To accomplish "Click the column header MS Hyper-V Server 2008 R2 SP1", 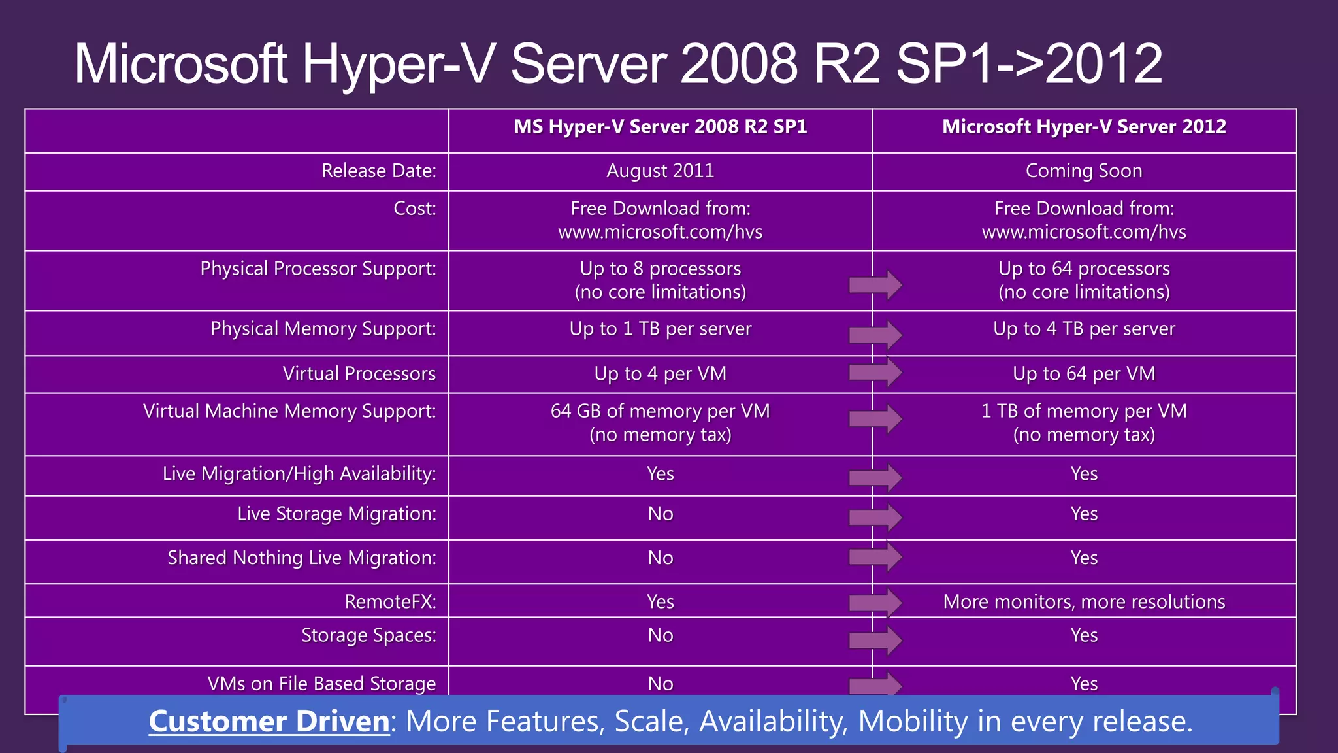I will point(660,127).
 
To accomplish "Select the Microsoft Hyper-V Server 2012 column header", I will point(1084,127).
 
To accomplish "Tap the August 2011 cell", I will point(660,171).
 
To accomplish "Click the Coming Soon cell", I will point(1084,171).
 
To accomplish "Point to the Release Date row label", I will point(378,171).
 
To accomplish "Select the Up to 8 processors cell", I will point(660,280).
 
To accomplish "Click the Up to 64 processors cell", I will point(1084,280).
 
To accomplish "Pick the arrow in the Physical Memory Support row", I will point(875,335).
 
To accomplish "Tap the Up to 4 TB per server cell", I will point(1084,329).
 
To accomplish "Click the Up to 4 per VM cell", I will point(660,374).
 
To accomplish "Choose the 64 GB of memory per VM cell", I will point(660,422).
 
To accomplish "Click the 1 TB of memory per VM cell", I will point(1084,422).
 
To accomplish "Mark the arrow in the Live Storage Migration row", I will point(875,517).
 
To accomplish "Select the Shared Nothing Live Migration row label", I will point(301,558).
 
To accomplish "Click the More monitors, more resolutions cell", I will point(1084,602).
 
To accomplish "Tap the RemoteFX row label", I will point(390,602).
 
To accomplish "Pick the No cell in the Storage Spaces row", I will point(660,635).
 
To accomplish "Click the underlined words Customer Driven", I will point(269,722).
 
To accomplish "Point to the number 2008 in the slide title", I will point(738,64).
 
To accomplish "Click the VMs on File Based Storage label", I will point(321,684).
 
